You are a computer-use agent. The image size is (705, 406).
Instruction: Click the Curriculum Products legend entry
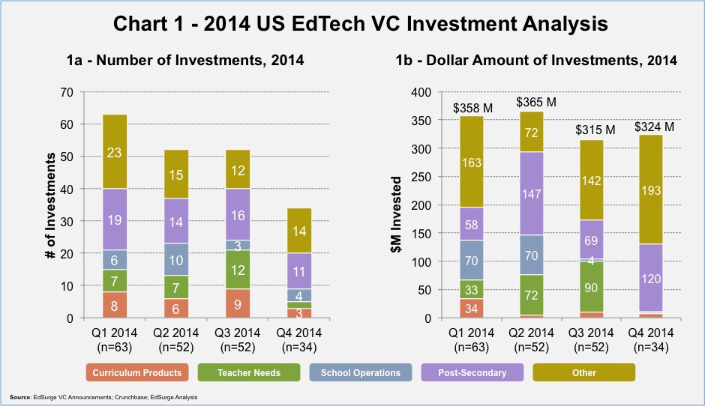point(137,372)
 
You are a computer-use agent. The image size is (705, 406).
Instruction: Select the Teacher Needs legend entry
point(249,372)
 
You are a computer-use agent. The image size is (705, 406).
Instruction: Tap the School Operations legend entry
point(361,372)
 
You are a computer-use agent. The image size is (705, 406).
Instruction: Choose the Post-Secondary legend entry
point(472,372)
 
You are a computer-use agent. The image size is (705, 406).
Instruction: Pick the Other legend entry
point(584,372)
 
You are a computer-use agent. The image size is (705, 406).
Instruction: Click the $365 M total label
point(536,103)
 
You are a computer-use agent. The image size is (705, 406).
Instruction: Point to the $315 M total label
point(595,130)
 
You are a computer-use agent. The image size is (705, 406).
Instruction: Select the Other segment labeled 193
point(651,190)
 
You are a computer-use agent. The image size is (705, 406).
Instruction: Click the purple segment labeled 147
point(532,193)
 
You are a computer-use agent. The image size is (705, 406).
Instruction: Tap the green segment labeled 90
point(591,287)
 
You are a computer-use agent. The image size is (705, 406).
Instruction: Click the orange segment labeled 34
point(472,309)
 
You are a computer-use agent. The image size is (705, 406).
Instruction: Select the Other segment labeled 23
point(115,152)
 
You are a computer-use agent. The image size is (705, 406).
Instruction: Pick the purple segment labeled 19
point(115,219)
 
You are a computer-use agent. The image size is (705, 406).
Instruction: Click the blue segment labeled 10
point(176,260)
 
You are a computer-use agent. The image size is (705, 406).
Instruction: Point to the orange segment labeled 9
point(238,303)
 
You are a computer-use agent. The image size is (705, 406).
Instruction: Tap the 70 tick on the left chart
point(67,93)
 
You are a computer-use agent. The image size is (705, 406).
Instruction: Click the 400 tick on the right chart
point(421,93)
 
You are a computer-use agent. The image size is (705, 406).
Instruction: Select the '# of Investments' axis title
point(51,205)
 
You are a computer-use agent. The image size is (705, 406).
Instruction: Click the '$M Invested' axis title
point(396,214)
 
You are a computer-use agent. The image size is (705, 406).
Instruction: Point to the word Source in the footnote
point(20,397)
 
